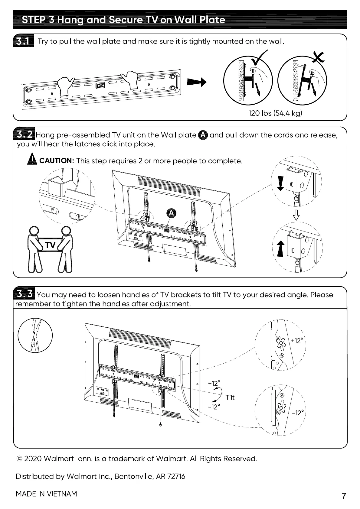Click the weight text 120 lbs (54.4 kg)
pos(275,113)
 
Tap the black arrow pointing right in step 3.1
pos(197,82)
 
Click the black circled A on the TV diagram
pos(171,213)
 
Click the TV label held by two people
pos(51,245)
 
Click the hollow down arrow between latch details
pos(296,215)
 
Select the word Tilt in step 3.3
pos(230,397)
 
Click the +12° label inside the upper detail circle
pos(296,341)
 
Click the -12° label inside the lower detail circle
pos(297,413)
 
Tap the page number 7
pos(344,496)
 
